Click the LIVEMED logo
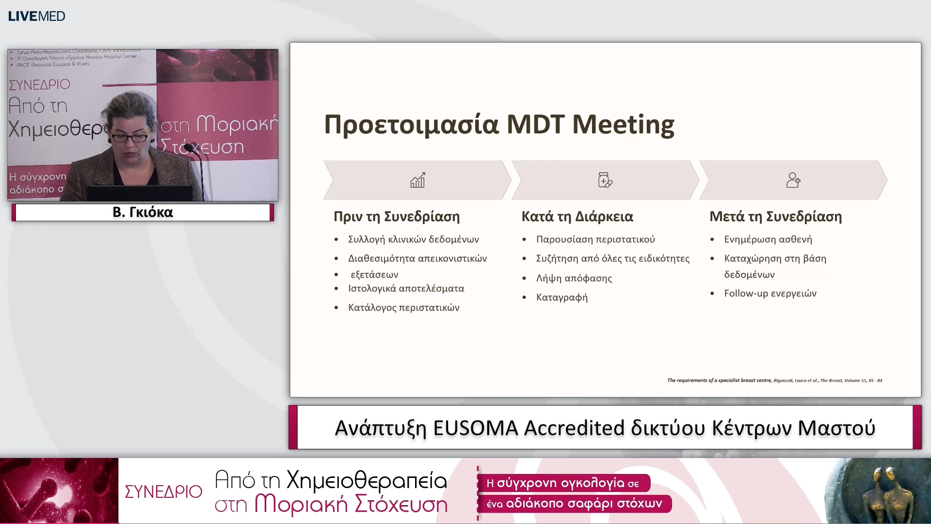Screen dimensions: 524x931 [36, 16]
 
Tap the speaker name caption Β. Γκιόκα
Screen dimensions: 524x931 [143, 212]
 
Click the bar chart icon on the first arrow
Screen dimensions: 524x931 [417, 180]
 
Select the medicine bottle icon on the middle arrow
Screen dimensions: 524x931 [605, 180]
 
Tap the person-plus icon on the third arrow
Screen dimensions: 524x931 [793, 180]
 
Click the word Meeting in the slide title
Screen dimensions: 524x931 [623, 124]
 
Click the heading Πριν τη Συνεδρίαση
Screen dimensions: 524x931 [397, 216]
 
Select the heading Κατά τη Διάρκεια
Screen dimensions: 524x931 [577, 216]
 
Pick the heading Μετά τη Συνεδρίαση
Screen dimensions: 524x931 [775, 216]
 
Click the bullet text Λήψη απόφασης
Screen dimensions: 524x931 [574, 278]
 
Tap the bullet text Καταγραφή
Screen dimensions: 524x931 [562, 297]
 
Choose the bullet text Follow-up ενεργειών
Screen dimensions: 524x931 [770, 293]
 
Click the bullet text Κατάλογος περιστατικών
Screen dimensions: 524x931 [403, 308]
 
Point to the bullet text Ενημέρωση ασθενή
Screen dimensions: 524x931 [768, 239]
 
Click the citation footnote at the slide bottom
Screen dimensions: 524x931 [774, 380]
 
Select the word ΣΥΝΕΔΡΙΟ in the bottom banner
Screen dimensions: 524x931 [163, 491]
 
